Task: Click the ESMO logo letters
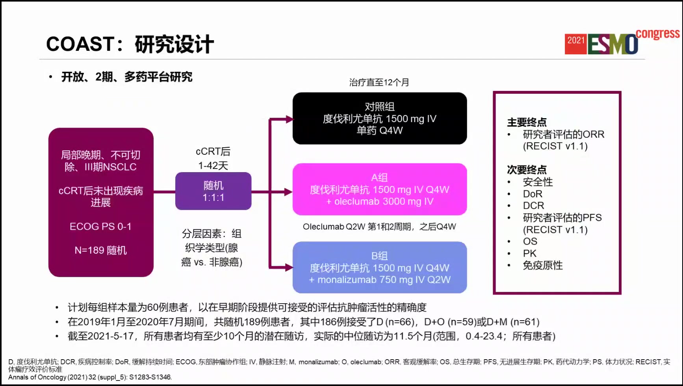click(x=612, y=44)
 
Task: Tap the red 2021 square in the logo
click(x=575, y=44)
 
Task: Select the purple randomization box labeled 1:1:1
click(x=213, y=191)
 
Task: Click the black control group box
click(x=380, y=118)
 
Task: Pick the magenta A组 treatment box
click(x=380, y=189)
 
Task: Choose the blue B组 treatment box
click(x=380, y=267)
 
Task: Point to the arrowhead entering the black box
click(x=290, y=119)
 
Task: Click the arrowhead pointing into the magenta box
click(x=289, y=192)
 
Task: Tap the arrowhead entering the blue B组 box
click(x=290, y=268)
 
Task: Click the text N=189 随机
click(x=101, y=251)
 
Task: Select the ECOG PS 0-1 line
click(x=100, y=226)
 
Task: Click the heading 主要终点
click(x=527, y=122)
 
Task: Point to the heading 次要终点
click(x=527, y=170)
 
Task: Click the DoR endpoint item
click(x=533, y=194)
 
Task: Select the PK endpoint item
click(x=529, y=253)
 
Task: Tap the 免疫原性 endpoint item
click(x=543, y=265)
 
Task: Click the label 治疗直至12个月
click(x=379, y=82)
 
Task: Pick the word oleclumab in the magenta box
click(x=356, y=202)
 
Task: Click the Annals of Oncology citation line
click(x=90, y=377)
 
